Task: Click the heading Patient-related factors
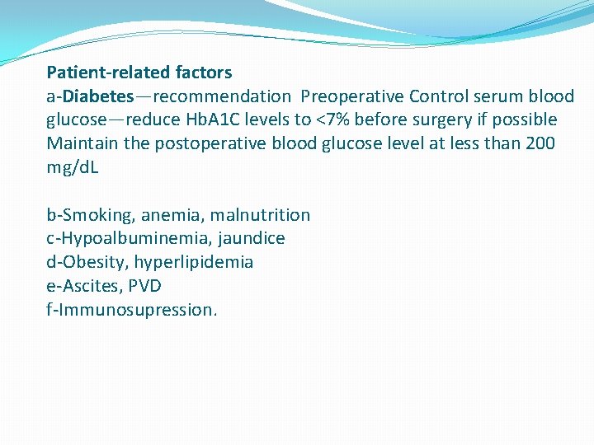point(139,73)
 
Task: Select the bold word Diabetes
point(99,96)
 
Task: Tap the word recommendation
point(222,96)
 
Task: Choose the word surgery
point(433,120)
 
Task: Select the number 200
point(540,144)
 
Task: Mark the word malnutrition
point(260,216)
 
